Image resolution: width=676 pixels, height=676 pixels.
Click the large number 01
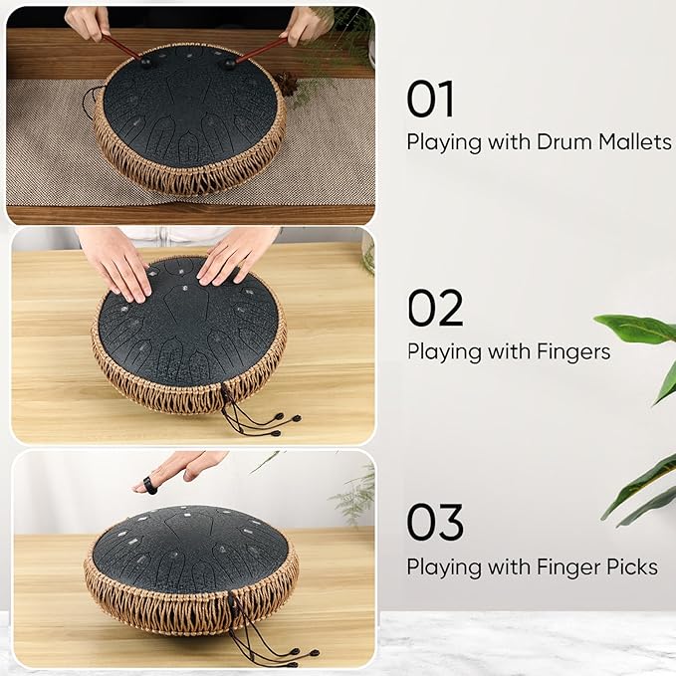(430, 100)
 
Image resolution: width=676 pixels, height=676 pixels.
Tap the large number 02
(435, 308)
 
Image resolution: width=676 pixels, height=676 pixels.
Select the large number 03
(435, 522)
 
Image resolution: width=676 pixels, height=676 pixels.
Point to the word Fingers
(573, 352)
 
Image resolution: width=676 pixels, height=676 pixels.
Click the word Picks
(632, 566)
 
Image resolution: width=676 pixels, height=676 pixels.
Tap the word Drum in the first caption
(563, 141)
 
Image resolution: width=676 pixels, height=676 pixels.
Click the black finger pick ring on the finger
(149, 486)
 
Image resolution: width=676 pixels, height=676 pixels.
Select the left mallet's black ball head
(145, 63)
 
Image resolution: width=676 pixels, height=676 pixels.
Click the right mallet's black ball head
(229, 64)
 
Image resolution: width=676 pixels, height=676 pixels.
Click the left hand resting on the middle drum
(114, 264)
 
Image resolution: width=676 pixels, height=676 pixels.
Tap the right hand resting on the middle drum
(237, 255)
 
